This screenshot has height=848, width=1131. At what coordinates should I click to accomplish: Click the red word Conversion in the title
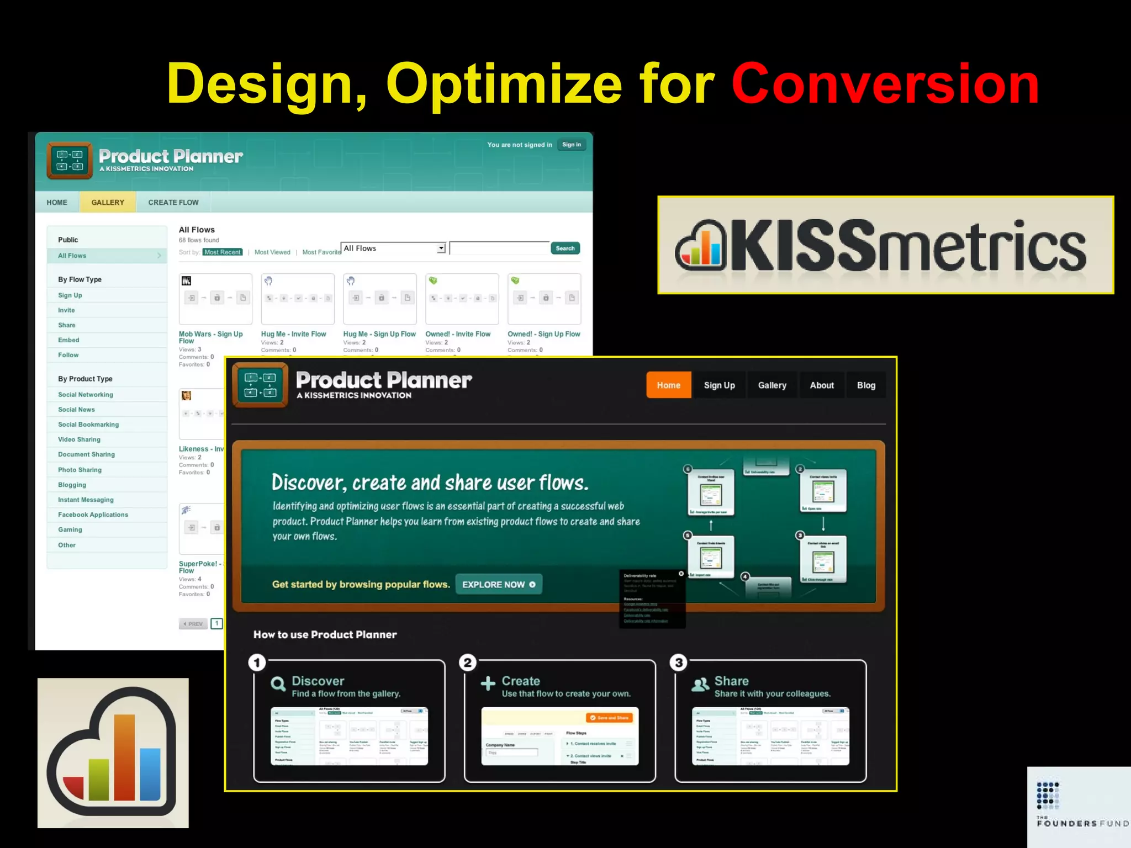click(885, 84)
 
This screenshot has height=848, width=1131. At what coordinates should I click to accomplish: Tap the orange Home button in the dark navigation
click(668, 385)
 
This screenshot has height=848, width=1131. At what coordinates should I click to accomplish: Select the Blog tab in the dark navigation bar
click(866, 385)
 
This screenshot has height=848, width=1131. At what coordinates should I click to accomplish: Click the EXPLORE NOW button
click(498, 585)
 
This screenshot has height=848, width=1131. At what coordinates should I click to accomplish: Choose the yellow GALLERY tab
click(108, 203)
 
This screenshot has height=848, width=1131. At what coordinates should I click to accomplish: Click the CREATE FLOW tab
click(173, 203)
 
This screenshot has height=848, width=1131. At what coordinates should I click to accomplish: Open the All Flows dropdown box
click(393, 248)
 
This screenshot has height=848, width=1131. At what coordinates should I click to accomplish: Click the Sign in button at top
click(571, 145)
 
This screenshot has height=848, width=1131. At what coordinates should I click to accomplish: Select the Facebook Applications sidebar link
click(93, 515)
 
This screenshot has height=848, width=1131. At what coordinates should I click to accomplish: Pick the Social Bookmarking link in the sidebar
click(88, 425)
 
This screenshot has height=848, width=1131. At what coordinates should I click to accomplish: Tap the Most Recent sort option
click(223, 252)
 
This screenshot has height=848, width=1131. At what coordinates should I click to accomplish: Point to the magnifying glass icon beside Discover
click(278, 685)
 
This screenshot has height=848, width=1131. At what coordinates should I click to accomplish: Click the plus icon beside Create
click(488, 684)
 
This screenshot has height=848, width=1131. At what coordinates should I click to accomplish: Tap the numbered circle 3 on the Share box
click(679, 662)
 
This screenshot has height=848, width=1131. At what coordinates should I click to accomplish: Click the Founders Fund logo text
click(1081, 823)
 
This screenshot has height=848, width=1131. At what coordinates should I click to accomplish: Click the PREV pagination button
click(193, 624)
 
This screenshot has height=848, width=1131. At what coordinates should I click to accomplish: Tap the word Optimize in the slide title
click(504, 84)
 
